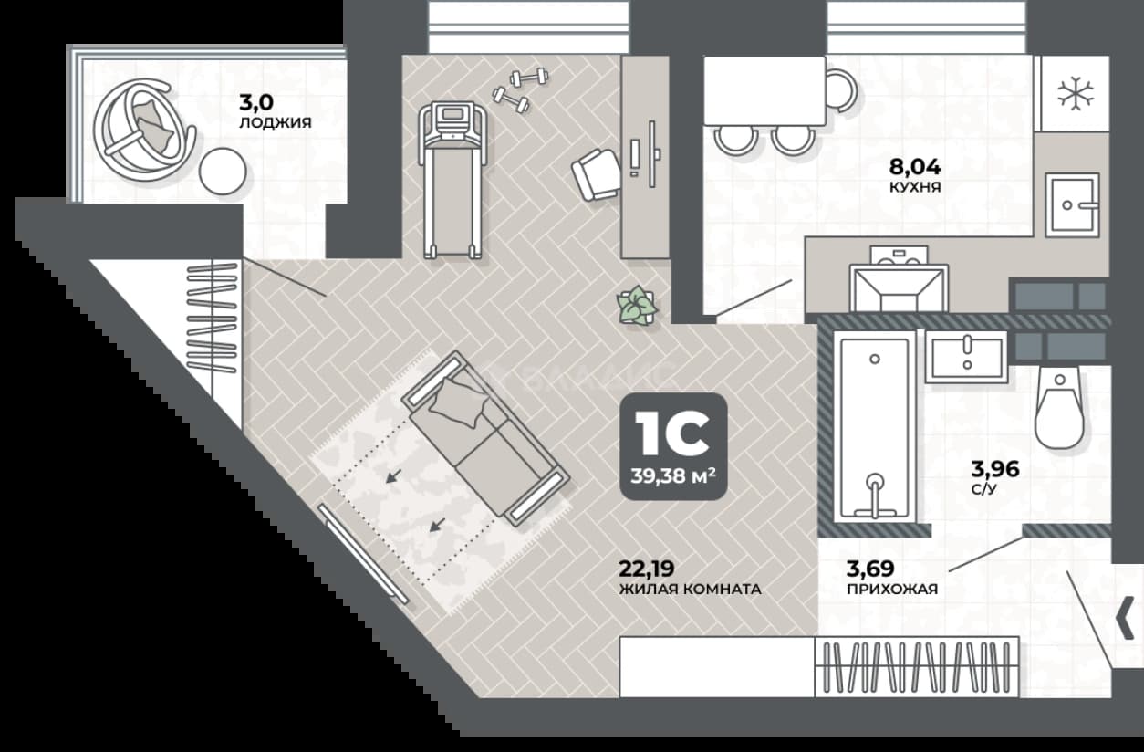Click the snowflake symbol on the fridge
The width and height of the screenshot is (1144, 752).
[1076, 94]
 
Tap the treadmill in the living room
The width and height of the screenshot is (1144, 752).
[451, 180]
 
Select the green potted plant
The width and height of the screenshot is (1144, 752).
[637, 306]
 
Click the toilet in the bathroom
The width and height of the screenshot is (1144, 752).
[1059, 409]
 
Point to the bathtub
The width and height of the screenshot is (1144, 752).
[874, 427]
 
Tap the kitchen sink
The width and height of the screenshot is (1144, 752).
[1072, 205]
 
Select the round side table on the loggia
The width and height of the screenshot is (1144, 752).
[223, 172]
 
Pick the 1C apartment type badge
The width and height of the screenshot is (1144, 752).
[673, 446]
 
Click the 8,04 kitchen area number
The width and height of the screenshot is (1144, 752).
[915, 166]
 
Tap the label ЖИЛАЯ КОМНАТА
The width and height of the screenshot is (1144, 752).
[690, 589]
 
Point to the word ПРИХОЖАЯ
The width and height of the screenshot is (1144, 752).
[892, 589]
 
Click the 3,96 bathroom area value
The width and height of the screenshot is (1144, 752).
[995, 468]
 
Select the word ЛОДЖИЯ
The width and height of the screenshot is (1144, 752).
[276, 122]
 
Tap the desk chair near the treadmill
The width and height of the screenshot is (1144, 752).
[596, 174]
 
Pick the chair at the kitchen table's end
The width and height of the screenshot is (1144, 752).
[840, 90]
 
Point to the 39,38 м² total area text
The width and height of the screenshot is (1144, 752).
[673, 476]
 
